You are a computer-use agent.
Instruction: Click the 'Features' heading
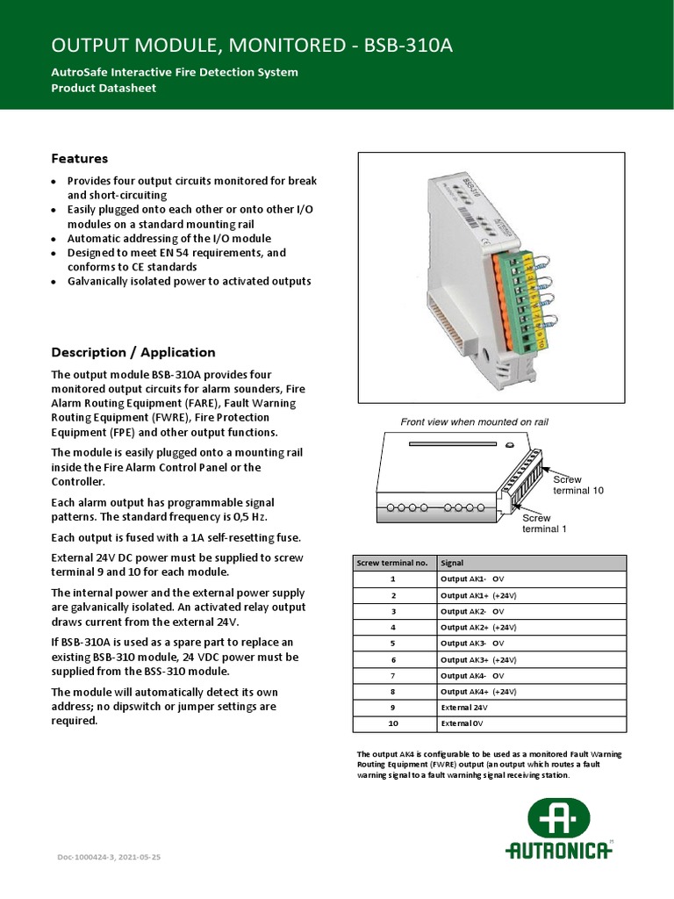tap(80, 159)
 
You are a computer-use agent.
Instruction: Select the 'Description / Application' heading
tap(133, 352)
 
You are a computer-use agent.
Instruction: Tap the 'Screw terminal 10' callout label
tap(577, 485)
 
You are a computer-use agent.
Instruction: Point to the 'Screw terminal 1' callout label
tap(544, 523)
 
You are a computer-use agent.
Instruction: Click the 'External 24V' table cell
tap(464, 708)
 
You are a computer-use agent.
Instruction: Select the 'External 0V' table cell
tap(462, 724)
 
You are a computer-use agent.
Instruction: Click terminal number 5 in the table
tap(393, 644)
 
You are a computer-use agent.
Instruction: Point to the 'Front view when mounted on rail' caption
tap(474, 422)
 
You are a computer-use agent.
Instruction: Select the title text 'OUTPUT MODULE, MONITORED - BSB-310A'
tap(253, 46)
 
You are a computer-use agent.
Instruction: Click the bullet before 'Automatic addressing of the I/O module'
tap(54, 239)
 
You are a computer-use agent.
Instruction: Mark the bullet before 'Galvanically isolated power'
tap(54, 282)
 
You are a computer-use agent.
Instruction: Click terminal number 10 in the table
tap(393, 724)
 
